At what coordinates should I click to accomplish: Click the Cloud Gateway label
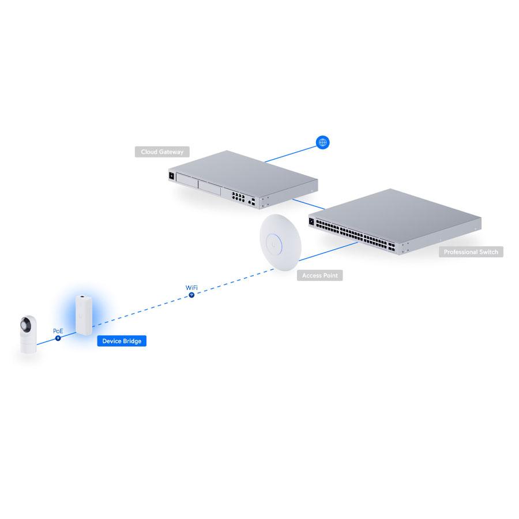(162, 152)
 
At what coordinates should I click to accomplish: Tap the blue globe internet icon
(322, 142)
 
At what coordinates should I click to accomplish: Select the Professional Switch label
(471, 252)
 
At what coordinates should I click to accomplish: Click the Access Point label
(319, 276)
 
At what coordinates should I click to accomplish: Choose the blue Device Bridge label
(122, 341)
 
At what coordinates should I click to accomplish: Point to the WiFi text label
(191, 288)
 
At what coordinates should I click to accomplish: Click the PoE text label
(58, 331)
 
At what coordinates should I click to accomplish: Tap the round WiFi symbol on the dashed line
(191, 295)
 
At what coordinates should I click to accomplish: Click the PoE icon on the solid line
(58, 338)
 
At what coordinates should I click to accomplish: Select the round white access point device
(280, 242)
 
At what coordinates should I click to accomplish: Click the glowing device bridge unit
(84, 315)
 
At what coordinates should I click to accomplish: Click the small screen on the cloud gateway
(171, 176)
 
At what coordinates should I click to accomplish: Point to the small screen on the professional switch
(311, 221)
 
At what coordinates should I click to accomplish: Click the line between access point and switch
(328, 251)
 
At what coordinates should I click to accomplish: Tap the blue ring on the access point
(274, 245)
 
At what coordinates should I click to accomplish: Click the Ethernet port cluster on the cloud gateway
(238, 197)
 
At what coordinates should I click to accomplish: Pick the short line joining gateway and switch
(309, 204)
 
